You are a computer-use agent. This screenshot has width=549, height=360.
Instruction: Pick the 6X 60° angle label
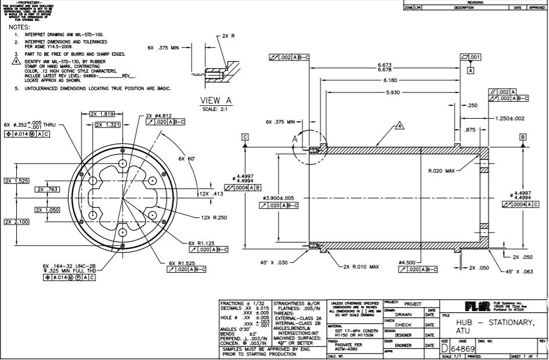click(187, 158)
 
